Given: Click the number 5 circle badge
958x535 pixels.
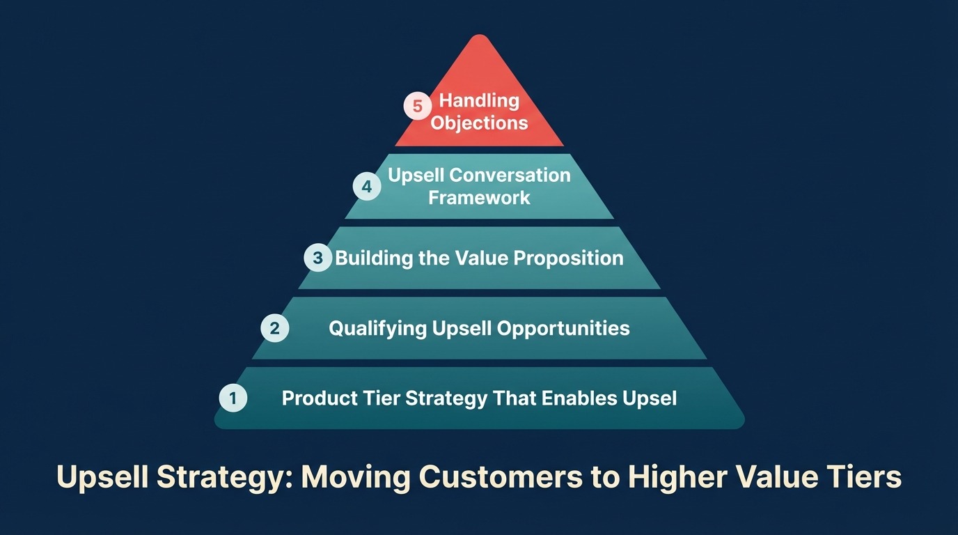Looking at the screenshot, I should click(x=418, y=107).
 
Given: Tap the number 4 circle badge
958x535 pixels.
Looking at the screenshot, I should click(x=367, y=186).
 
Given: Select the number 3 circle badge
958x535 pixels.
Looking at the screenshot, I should click(x=317, y=258).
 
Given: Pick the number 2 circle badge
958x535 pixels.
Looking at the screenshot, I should click(x=274, y=328).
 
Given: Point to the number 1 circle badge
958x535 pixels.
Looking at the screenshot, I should click(x=233, y=398).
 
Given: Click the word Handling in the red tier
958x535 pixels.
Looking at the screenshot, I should click(x=479, y=100).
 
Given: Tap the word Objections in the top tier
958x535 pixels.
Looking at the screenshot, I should click(x=479, y=123).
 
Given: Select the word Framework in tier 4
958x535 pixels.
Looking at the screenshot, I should click(x=479, y=198).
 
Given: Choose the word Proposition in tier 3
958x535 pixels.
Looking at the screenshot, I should click(x=568, y=258).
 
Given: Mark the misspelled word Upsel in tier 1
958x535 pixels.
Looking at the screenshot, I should click(x=650, y=398).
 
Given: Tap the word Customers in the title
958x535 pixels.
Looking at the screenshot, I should click(x=518, y=478).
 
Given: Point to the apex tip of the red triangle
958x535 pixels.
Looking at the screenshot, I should click(x=480, y=36).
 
